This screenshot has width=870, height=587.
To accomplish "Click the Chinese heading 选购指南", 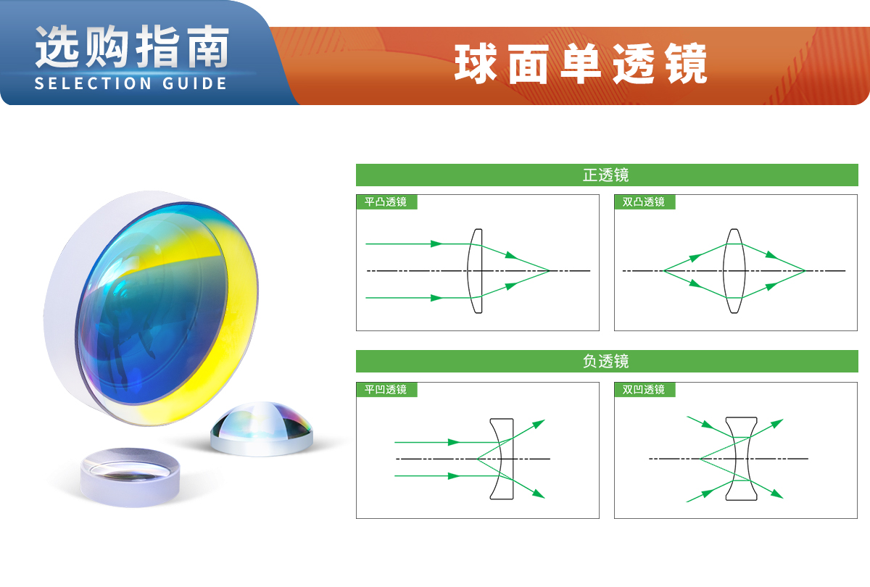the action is click(x=132, y=47).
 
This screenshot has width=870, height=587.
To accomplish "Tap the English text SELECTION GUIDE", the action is click(x=131, y=83).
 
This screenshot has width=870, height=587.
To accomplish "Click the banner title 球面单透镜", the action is click(x=581, y=64).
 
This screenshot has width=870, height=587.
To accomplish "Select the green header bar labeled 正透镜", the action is click(x=607, y=175).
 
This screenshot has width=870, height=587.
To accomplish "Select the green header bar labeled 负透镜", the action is click(x=607, y=362).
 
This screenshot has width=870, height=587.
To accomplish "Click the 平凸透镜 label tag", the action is click(x=386, y=202).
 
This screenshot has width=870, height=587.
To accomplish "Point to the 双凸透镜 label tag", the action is click(x=645, y=202).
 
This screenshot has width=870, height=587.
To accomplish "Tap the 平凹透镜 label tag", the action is click(x=386, y=389).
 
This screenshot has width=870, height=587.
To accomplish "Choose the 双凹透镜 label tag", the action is click(x=645, y=389).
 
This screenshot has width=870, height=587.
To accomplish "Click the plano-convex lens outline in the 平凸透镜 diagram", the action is click(x=481, y=271).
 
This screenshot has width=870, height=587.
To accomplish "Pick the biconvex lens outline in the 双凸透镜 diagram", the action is click(x=724, y=271).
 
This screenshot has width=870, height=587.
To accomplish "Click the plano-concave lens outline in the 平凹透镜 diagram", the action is click(x=513, y=459).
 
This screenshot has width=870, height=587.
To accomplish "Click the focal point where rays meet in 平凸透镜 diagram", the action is click(x=550, y=270).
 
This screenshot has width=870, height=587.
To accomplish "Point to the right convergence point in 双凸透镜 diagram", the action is click(x=805, y=270).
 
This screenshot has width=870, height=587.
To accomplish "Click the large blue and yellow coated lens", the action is click(x=152, y=309).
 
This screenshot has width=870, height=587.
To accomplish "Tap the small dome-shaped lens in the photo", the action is click(x=262, y=429).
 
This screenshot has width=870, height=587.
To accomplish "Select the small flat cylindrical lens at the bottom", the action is click(x=130, y=478).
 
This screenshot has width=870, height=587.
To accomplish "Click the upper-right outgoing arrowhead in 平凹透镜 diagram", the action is click(x=539, y=423).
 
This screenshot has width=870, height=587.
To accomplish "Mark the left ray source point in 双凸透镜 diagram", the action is click(x=664, y=270).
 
